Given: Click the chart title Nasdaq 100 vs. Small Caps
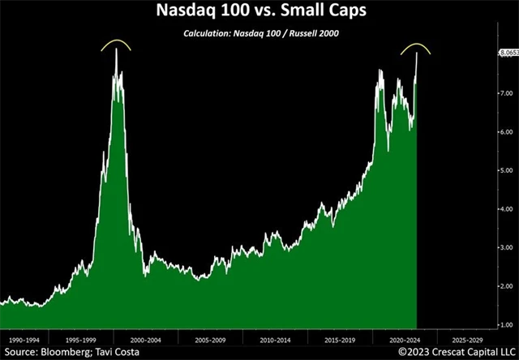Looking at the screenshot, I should [x=259, y=13].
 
